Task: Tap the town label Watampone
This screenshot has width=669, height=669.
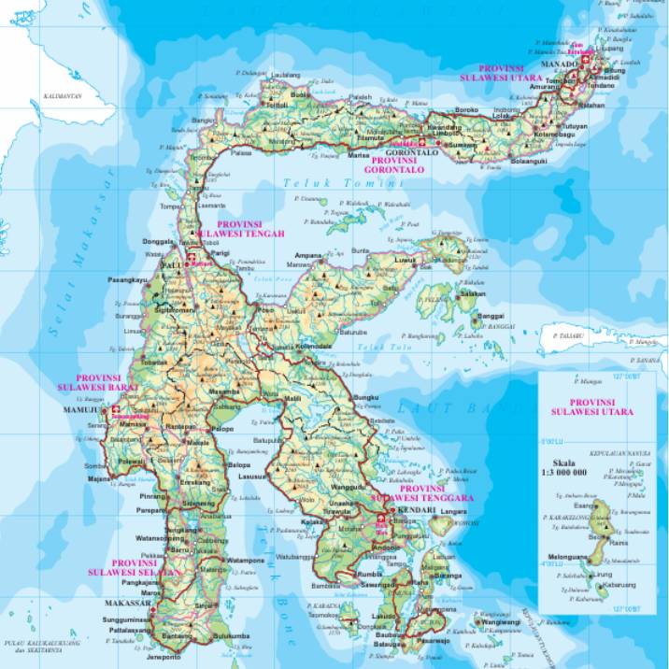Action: (247, 560)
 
